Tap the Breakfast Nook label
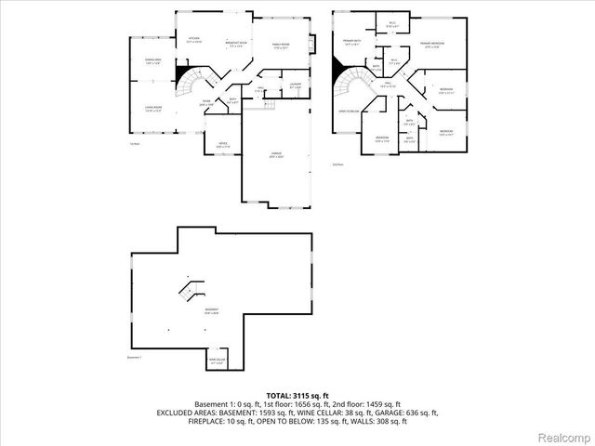[x=235, y=45]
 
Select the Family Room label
[x=281, y=45]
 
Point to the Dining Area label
[x=152, y=61]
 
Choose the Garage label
[x=277, y=154]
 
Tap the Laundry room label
[x=295, y=86]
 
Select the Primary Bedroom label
[x=430, y=45]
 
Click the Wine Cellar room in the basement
[x=218, y=361]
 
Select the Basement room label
[x=213, y=311]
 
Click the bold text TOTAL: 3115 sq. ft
[x=297, y=396]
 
